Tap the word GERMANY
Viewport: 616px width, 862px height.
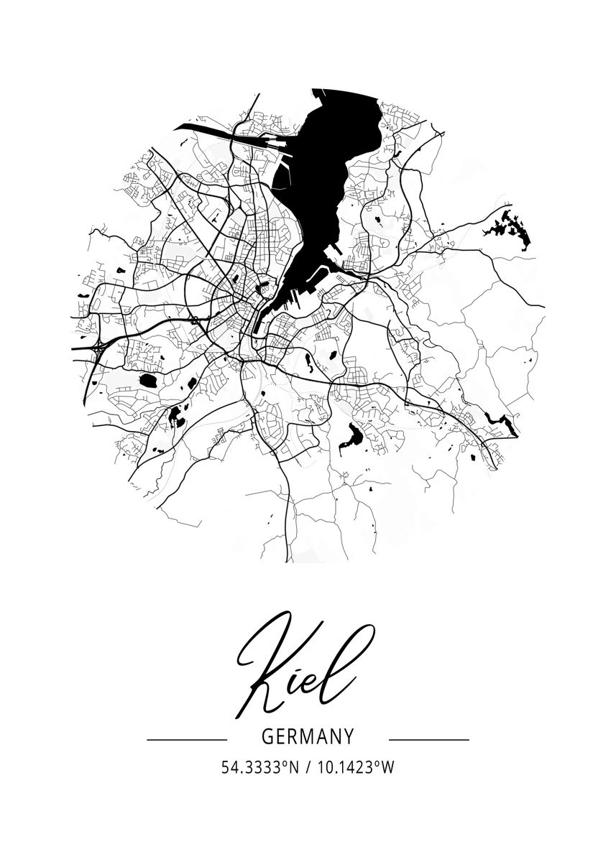[308, 737]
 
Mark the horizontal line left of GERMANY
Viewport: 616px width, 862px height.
[187, 738]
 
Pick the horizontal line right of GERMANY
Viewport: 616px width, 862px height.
[428, 738]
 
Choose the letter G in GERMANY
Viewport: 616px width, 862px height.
[267, 737]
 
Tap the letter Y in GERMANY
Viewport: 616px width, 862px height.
[349, 737]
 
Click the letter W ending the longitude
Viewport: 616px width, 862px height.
[388, 767]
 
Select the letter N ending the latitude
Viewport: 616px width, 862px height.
[293, 767]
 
